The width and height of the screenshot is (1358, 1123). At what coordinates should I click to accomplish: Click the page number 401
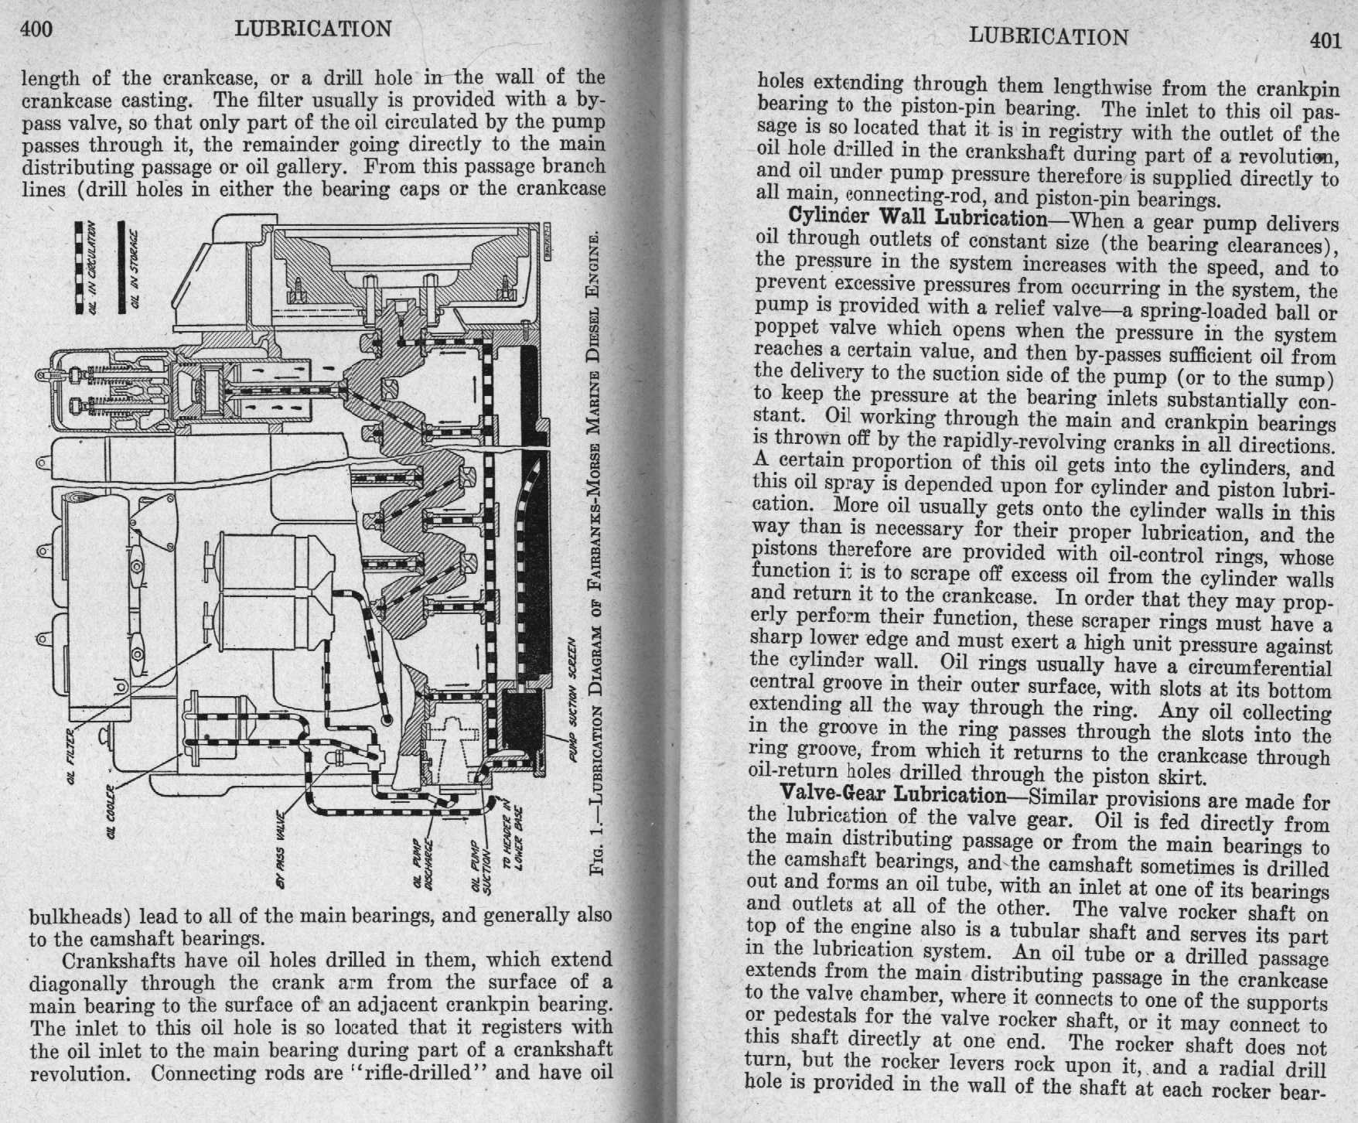coord(1326,40)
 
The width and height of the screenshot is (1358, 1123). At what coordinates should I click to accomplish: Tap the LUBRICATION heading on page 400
coord(313,29)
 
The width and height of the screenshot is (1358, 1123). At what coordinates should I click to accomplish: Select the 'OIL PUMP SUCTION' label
coord(480,860)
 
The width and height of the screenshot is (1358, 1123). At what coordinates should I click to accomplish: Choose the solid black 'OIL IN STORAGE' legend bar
coord(121,267)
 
